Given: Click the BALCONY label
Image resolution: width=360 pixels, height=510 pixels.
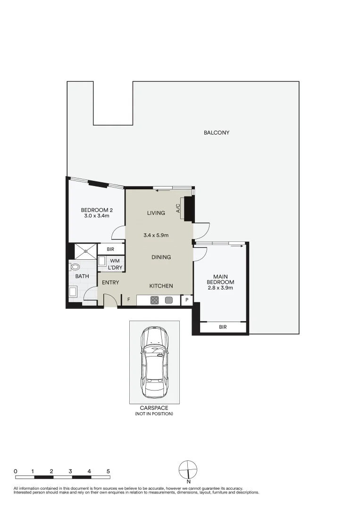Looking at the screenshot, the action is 217,132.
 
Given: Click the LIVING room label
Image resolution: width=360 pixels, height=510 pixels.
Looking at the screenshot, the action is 156,212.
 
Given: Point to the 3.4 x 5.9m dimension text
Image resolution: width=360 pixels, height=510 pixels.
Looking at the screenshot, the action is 156,235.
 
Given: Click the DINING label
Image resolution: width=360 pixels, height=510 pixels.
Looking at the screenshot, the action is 161,257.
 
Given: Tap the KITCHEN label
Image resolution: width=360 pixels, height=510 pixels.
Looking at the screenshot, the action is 161,286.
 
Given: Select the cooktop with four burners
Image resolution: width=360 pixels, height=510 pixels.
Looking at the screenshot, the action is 155,300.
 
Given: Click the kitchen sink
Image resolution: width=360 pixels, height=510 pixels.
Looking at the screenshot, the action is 168,300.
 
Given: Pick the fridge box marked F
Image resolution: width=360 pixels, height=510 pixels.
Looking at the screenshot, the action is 129,299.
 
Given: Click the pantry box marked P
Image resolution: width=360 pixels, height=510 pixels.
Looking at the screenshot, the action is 187,300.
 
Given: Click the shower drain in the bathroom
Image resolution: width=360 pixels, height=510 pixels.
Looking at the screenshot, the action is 86,251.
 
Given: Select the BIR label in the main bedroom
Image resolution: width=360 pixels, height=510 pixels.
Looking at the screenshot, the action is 223,327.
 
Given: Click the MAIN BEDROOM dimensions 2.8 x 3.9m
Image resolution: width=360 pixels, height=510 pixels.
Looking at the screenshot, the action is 220,288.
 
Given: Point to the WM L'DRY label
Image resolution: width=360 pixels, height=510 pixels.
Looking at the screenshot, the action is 115,264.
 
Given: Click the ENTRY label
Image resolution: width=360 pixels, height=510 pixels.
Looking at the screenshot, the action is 110,282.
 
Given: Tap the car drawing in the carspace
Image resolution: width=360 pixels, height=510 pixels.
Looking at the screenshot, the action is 155,362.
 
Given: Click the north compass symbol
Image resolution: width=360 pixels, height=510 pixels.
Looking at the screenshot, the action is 188,470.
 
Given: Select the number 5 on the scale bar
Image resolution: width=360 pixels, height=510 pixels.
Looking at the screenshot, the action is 108,471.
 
